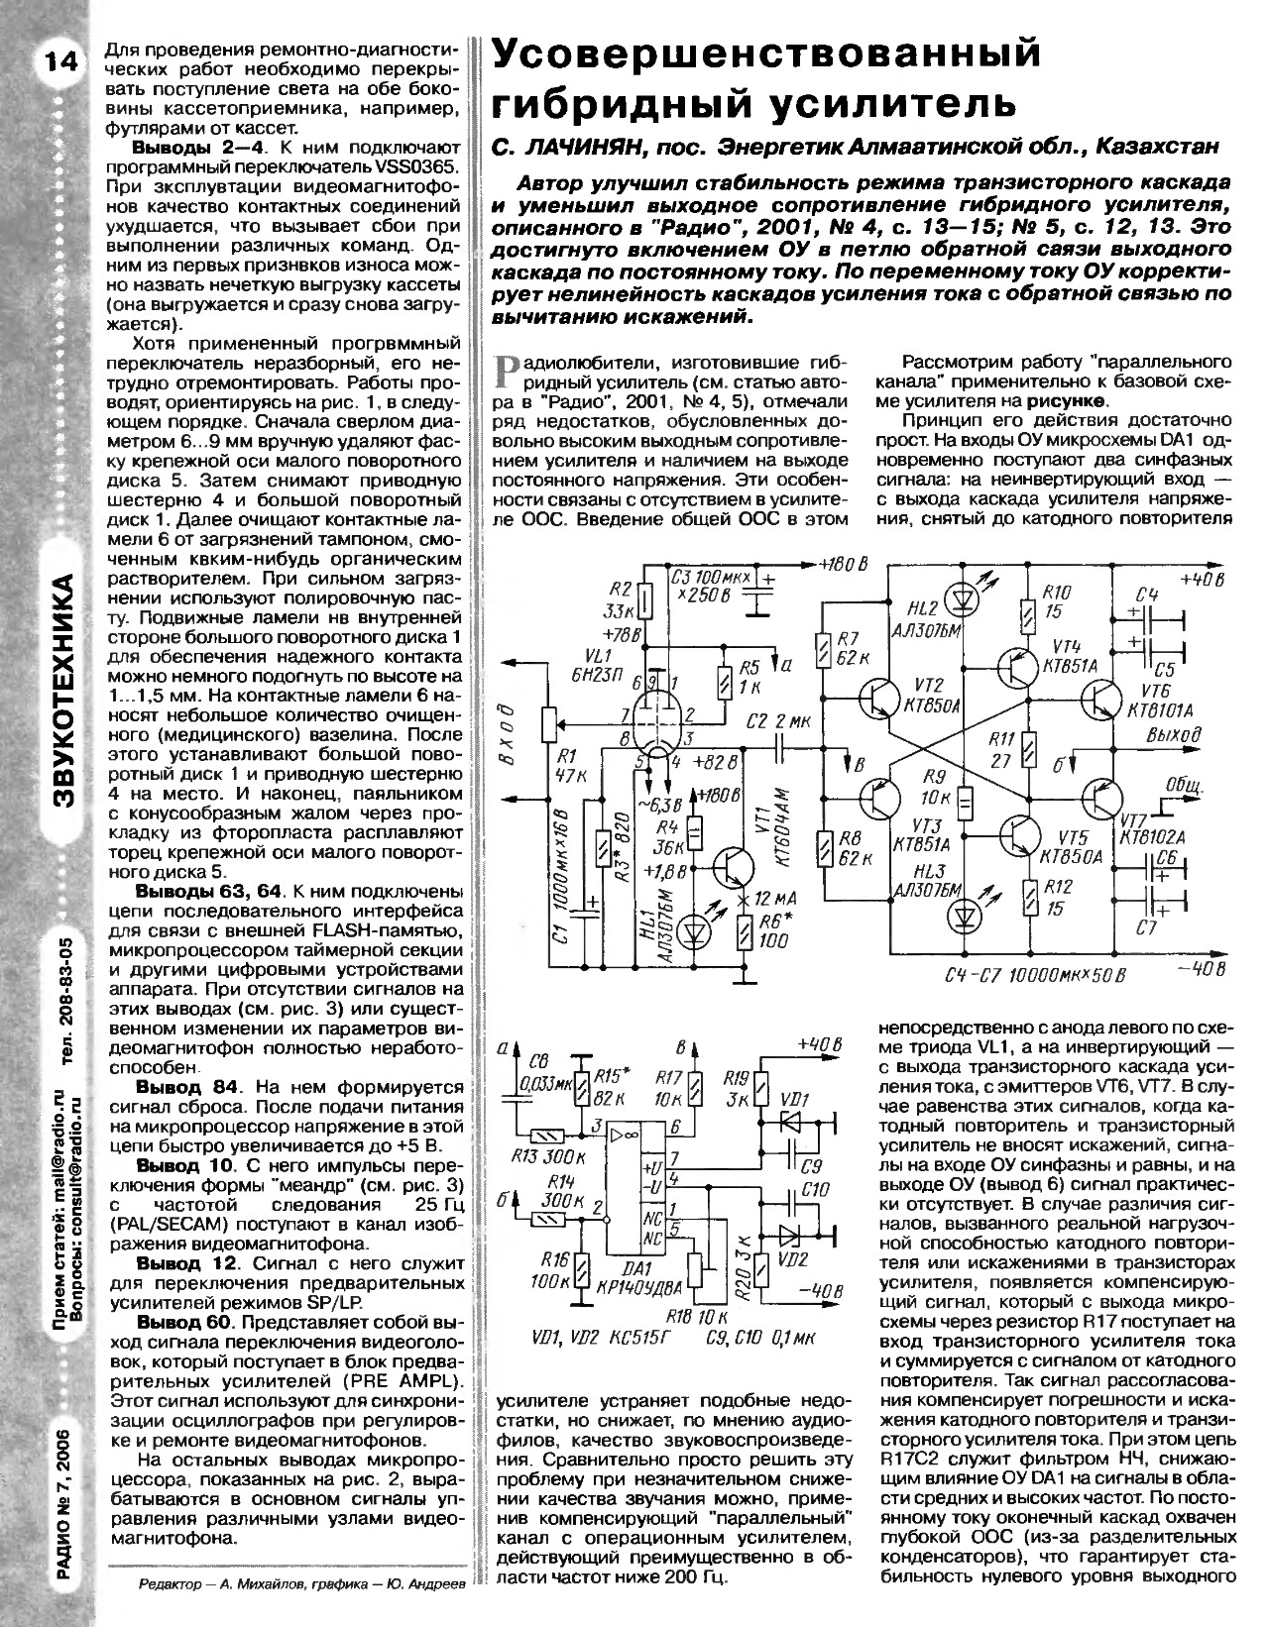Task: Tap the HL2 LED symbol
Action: [x=961, y=600]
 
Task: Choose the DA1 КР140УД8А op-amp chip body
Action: [x=634, y=1184]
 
